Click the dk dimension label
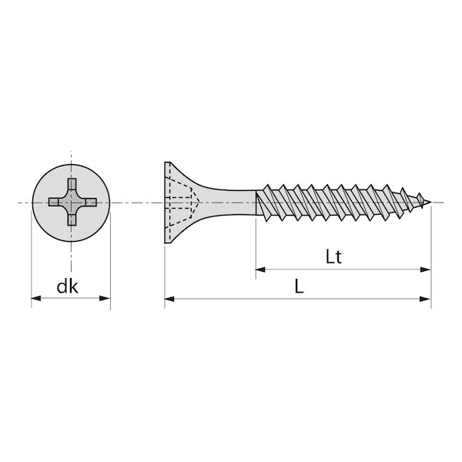coord(68,286)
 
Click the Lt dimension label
coord(333,256)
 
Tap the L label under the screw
coord(299,286)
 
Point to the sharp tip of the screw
coord(430,202)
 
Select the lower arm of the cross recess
coord(72,219)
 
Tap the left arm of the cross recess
coord(54,202)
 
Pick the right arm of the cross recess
coord(91,202)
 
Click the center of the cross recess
coord(72,202)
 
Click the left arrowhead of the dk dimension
coord(36,299)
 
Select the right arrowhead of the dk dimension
coord(105,299)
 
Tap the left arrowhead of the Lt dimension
coord(260,269)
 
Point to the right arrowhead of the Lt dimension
coord(426,269)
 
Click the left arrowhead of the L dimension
coord(169,299)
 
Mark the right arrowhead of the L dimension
coord(426,299)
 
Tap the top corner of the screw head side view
coord(165,162)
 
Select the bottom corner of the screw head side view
coord(165,243)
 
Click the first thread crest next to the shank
coord(267,186)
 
